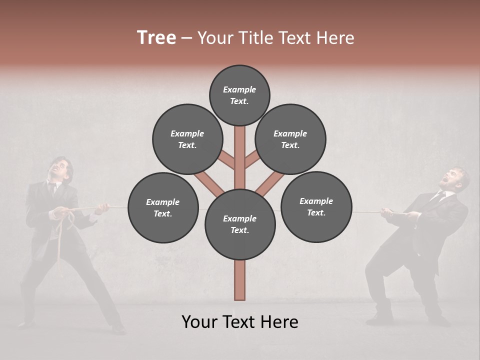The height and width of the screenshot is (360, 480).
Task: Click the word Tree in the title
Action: [156, 37]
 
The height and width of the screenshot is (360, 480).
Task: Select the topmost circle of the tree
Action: [239, 95]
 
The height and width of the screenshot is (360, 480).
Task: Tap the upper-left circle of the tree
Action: [187, 139]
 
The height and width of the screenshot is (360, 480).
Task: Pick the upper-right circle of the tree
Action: [290, 139]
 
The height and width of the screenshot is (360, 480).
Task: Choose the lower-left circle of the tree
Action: [163, 207]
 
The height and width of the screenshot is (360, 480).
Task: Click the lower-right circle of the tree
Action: [316, 206]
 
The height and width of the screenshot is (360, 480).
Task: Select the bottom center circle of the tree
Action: [240, 224]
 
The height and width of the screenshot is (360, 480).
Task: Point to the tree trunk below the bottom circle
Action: [240, 280]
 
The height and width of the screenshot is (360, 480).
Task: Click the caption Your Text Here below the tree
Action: [240, 322]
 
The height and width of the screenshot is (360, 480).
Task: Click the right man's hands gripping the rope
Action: [387, 213]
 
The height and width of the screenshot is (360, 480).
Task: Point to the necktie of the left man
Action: [52, 189]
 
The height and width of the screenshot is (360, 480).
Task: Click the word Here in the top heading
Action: [336, 38]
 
